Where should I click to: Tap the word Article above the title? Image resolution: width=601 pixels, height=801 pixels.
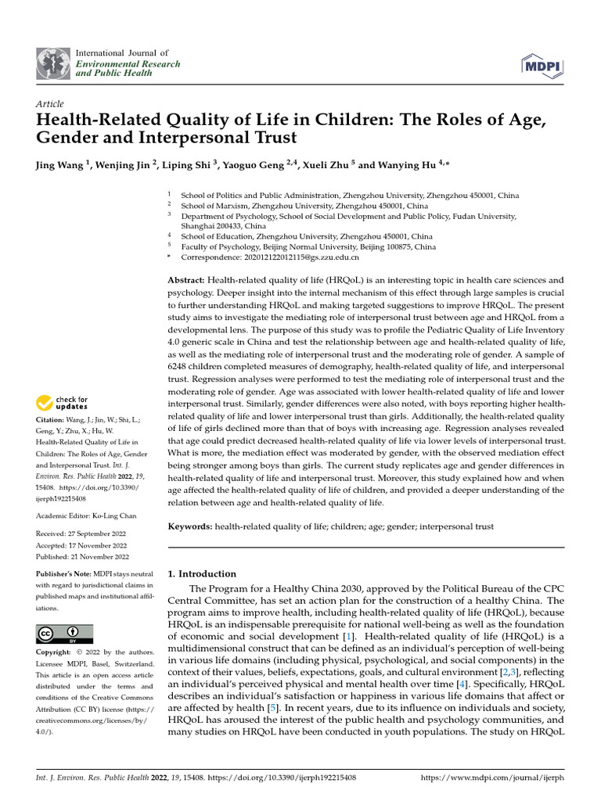(50, 104)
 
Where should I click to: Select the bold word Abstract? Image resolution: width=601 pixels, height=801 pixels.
(186, 280)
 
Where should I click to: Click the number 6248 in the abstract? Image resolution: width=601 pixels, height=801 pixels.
(182, 366)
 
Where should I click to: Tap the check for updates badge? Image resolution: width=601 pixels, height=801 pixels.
(63, 403)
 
